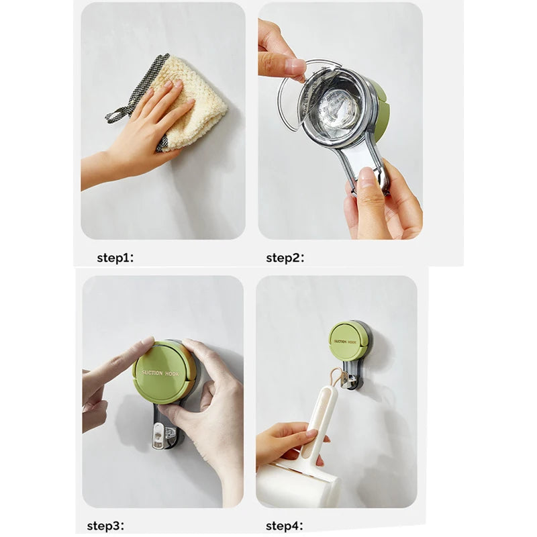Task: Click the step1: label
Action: click(115, 258)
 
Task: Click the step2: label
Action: click(285, 258)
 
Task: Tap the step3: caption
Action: click(105, 526)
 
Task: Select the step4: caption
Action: click(285, 526)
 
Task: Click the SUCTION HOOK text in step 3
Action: click(160, 372)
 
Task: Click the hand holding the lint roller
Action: click(282, 443)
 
